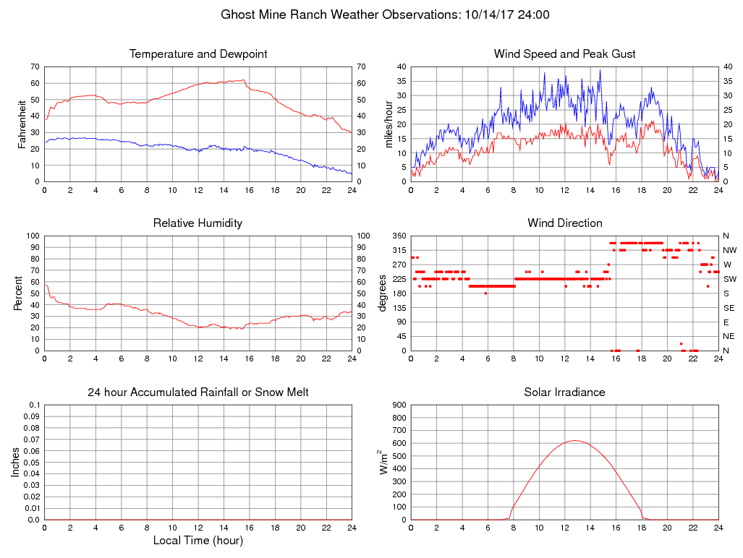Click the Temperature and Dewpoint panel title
(198, 54)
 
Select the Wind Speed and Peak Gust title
(564, 54)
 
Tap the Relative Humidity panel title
(198, 223)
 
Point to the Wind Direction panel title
(564, 223)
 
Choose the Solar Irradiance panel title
(564, 392)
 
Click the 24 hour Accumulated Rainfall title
(198, 392)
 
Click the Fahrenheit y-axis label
(22, 124)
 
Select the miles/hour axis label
(389, 124)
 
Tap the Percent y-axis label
(17, 293)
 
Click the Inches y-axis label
(16, 462)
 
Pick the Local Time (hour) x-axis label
(198, 541)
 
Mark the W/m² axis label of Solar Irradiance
(384, 462)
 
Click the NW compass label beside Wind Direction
(727, 250)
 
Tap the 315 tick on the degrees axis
(399, 250)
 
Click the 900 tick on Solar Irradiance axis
(399, 405)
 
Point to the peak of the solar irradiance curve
(574, 440)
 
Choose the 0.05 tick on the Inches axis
(32, 462)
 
